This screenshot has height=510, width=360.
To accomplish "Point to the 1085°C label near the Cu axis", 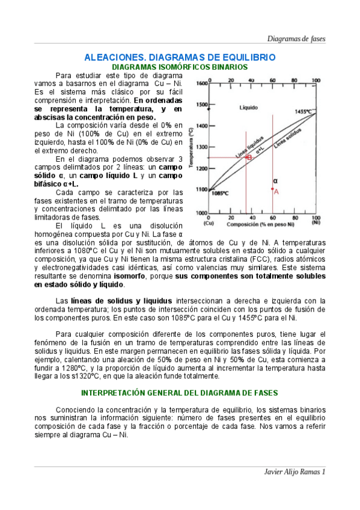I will [220, 193].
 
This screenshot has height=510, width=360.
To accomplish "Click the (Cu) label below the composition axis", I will [209, 223].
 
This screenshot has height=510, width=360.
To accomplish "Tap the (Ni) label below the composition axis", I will [316, 223].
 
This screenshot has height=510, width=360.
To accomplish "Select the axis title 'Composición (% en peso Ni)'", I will [261, 224].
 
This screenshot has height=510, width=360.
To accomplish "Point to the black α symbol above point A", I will [275, 180].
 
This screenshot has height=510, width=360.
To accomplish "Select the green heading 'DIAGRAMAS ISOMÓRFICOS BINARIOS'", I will [180, 67].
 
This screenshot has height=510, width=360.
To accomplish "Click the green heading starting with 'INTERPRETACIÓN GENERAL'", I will [180, 393].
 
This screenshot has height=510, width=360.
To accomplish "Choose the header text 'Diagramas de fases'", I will [296, 38].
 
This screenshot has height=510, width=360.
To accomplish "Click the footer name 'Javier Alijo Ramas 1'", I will [295, 472].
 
